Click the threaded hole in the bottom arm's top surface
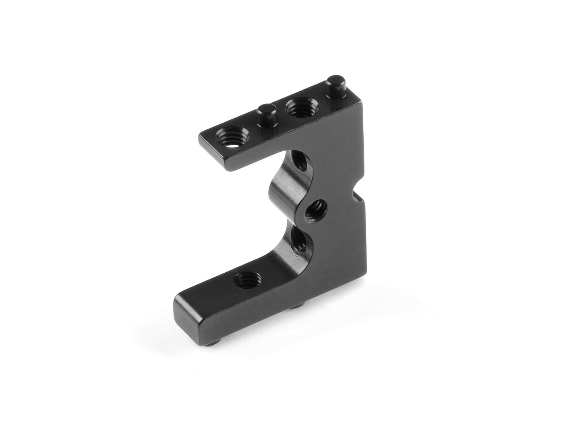click(248, 278)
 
